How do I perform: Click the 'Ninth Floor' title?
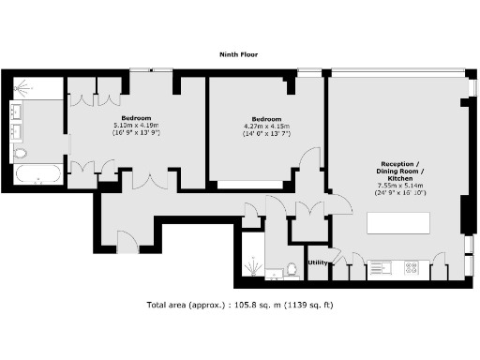tap(240, 55)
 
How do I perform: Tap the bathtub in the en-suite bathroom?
tap(37, 173)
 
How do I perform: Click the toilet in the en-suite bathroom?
tap(21, 152)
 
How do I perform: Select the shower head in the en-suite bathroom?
tap(22, 90)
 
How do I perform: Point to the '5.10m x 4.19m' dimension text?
tap(136, 126)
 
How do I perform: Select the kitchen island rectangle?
tap(398, 224)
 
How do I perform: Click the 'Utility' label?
tap(318, 262)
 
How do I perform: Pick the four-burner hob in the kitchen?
tap(411, 267)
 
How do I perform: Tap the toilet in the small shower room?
tap(292, 269)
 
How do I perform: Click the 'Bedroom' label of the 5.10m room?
tap(136, 118)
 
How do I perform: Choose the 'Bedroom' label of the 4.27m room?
tap(266, 118)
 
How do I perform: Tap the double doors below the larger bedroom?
tap(150, 178)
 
